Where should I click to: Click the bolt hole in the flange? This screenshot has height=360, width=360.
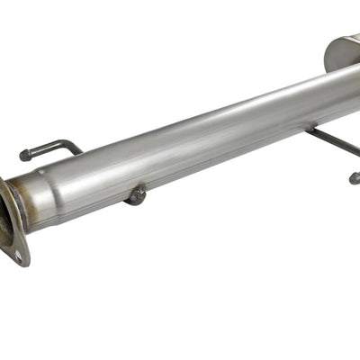pyautogui.click(x=17, y=255)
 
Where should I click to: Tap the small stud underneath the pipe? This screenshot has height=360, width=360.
pyautogui.click(x=136, y=194)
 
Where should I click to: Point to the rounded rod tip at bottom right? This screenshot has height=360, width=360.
pyautogui.click(x=354, y=178)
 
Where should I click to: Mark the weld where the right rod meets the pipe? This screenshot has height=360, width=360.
pyautogui.click(x=311, y=131)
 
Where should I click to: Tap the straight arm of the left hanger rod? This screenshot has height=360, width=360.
pyautogui.click(x=45, y=150)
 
